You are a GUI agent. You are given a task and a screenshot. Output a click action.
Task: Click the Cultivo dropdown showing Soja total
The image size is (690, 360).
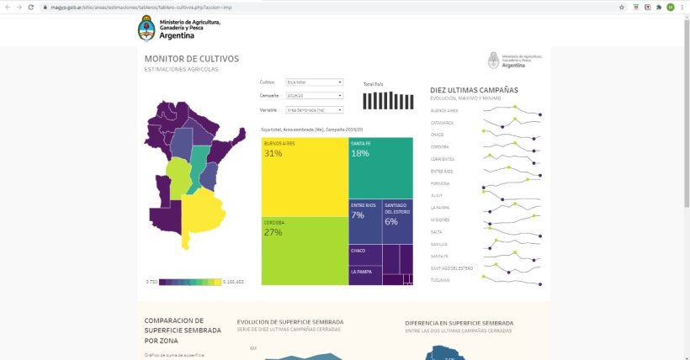(x=315, y=82)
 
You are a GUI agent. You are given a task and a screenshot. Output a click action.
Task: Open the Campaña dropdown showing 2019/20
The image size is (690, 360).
(x=315, y=96)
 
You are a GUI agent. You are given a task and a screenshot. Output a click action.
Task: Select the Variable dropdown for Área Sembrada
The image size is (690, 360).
(x=315, y=109)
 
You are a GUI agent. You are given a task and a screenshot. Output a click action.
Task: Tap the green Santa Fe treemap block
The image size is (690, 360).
(x=380, y=169)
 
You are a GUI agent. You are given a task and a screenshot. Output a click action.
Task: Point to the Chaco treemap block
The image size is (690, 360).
(x=364, y=254)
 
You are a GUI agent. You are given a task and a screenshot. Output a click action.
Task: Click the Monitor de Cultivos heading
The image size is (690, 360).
(x=191, y=59)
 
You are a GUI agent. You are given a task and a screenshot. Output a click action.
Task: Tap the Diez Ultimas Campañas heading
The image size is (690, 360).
(x=474, y=90)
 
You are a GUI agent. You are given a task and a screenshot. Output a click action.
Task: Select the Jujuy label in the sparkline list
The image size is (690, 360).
(x=438, y=195)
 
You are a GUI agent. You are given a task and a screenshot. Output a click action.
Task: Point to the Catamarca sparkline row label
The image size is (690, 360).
(x=443, y=122)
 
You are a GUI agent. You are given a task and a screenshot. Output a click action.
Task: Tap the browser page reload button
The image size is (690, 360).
(x=31, y=7)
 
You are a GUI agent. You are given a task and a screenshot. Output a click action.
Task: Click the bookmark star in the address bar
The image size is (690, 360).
(x=622, y=7)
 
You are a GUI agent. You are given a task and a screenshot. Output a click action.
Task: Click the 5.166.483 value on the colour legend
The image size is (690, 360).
(x=235, y=281)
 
